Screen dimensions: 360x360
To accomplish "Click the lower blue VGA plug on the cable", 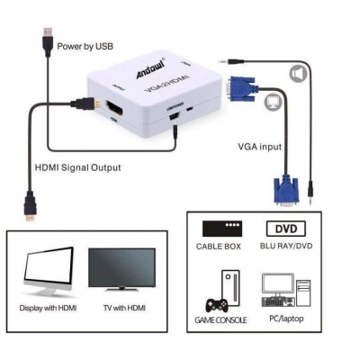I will pos(287,192).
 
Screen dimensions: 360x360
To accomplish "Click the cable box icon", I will pos(222,229).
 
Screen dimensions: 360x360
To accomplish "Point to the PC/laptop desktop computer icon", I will pos(286,292).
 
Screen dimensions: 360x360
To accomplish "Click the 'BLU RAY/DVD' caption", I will pos(287,245).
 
